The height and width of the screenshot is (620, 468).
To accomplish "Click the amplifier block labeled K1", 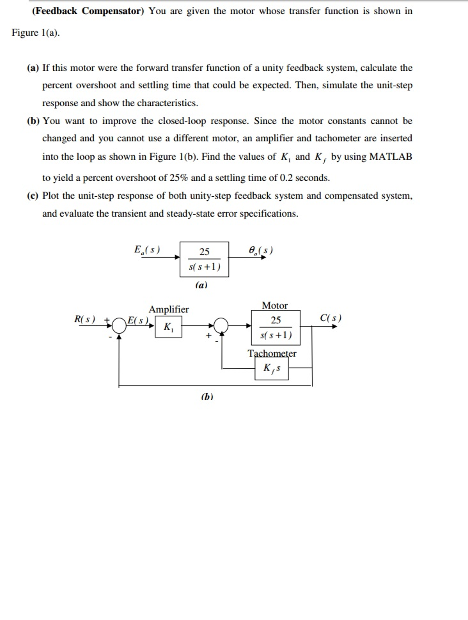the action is click(x=169, y=327).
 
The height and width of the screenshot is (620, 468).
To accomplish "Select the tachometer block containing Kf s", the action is click(x=272, y=368).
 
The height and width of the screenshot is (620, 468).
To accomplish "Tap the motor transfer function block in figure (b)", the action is click(x=276, y=328).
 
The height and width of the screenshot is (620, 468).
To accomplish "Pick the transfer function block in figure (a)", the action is click(x=204, y=259).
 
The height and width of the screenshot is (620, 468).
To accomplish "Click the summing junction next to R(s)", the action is click(x=119, y=326).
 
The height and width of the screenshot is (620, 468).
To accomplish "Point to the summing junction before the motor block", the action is click(x=221, y=326).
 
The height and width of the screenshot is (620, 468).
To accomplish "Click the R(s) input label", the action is click(x=85, y=319).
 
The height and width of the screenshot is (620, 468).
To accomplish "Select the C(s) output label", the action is click(x=331, y=318).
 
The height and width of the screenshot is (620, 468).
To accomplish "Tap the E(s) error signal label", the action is click(x=138, y=320).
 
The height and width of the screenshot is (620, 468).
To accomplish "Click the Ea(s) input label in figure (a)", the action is click(x=147, y=250).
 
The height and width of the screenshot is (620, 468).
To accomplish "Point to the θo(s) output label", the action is click(x=261, y=251).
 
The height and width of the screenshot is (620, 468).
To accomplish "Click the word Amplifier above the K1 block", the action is click(x=169, y=309).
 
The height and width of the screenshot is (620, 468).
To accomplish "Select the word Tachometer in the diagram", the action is click(x=272, y=353).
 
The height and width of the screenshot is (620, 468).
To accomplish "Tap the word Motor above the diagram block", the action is click(x=275, y=305).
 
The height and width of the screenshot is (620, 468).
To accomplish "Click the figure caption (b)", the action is click(x=207, y=397).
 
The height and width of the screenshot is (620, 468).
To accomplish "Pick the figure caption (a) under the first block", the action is click(x=201, y=285).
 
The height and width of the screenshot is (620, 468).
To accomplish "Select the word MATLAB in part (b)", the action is click(x=391, y=156).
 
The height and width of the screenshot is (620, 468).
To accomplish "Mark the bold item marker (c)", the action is click(x=33, y=196).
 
